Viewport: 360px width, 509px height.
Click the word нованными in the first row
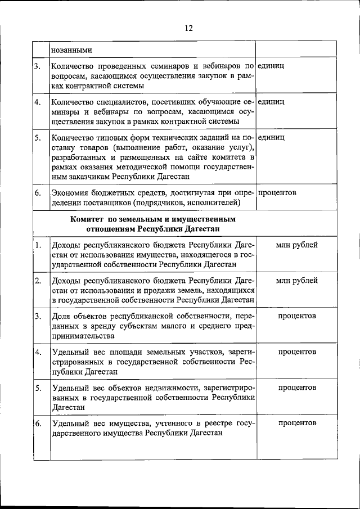[x=72, y=50]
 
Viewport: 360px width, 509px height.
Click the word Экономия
[x=69, y=193]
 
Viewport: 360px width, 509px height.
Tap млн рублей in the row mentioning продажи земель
[x=297, y=280]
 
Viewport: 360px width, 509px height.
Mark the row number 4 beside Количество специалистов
[x=37, y=102]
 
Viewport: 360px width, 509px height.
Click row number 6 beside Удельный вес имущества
[x=37, y=423]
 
